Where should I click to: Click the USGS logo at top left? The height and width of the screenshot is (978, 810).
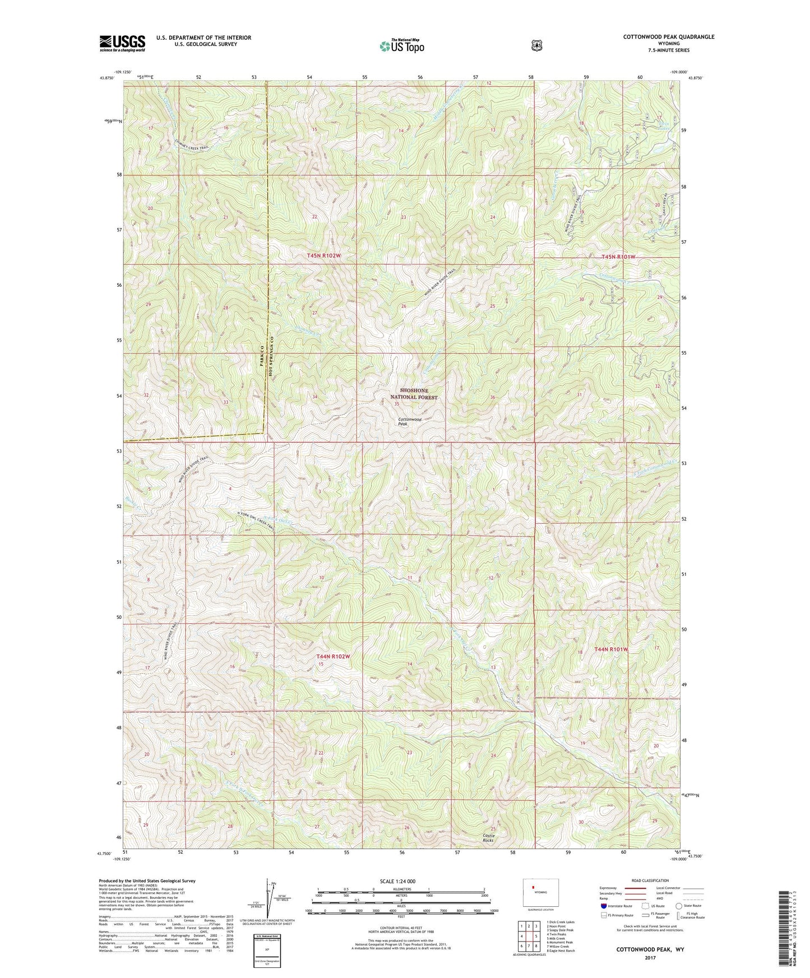(122, 43)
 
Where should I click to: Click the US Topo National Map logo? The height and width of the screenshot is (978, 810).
(400, 46)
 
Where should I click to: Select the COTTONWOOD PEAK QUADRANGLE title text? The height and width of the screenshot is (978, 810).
(668, 37)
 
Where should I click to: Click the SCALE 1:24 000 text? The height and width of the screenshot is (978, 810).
(397, 881)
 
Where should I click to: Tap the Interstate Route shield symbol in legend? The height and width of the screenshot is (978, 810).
(603, 905)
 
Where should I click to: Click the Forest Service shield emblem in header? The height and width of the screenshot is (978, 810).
(536, 45)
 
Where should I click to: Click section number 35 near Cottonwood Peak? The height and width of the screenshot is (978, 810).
(396, 404)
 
